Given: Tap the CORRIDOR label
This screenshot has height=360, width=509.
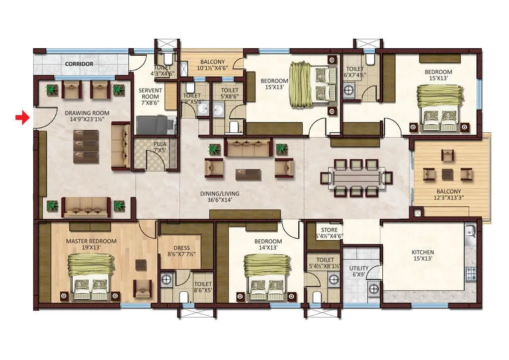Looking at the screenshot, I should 80,64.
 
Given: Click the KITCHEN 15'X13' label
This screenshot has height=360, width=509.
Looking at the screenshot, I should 423,256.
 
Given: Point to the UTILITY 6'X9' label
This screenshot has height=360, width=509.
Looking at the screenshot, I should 358,271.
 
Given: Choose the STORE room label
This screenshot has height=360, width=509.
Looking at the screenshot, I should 329,233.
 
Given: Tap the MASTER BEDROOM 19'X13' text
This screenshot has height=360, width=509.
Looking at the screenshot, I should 91,244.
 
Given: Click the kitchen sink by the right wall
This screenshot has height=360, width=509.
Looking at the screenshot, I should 470,233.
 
